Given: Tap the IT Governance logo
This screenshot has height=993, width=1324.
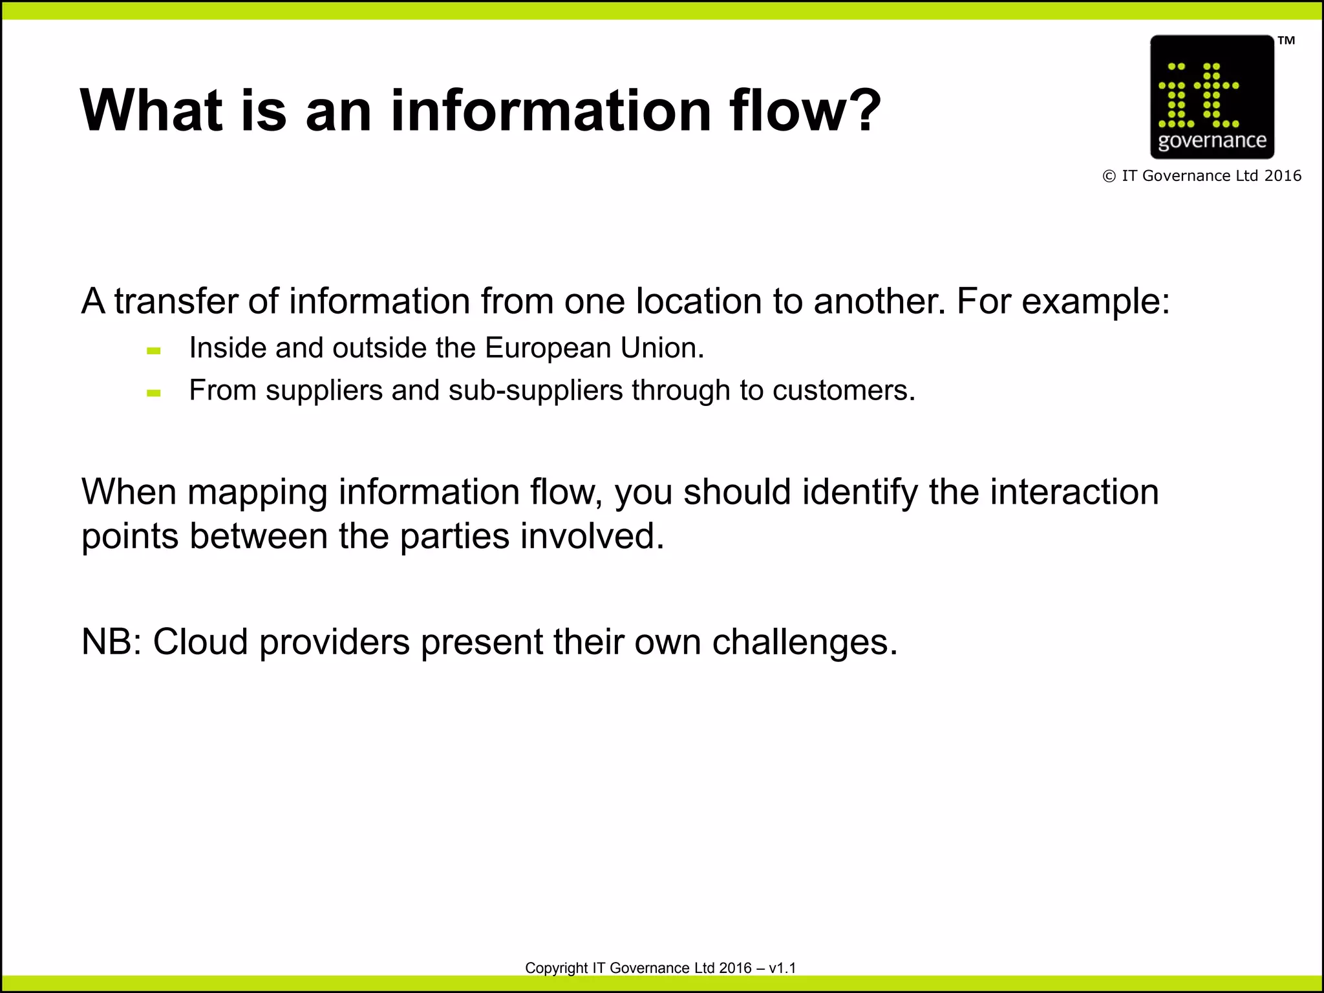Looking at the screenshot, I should coord(1212,97).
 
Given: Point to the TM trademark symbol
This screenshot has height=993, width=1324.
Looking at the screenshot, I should coord(1286,41).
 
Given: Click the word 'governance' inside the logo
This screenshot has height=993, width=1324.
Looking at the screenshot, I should coord(1212,141).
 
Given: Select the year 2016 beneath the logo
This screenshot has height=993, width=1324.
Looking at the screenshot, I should coord(1283,176).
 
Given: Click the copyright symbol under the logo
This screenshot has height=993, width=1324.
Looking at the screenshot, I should coord(1109,176).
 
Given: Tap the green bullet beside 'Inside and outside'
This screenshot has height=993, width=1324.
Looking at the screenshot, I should coord(154,351).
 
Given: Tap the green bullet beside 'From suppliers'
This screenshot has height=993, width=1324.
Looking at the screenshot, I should coord(154,392).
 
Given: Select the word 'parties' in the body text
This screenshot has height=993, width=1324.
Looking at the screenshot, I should coord(454,537).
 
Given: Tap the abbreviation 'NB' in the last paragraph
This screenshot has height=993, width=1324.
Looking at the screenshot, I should coord(107,643).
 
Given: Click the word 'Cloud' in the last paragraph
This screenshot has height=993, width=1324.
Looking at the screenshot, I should coord(200,643).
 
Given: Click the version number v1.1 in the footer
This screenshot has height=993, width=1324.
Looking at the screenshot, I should coord(782,968).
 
